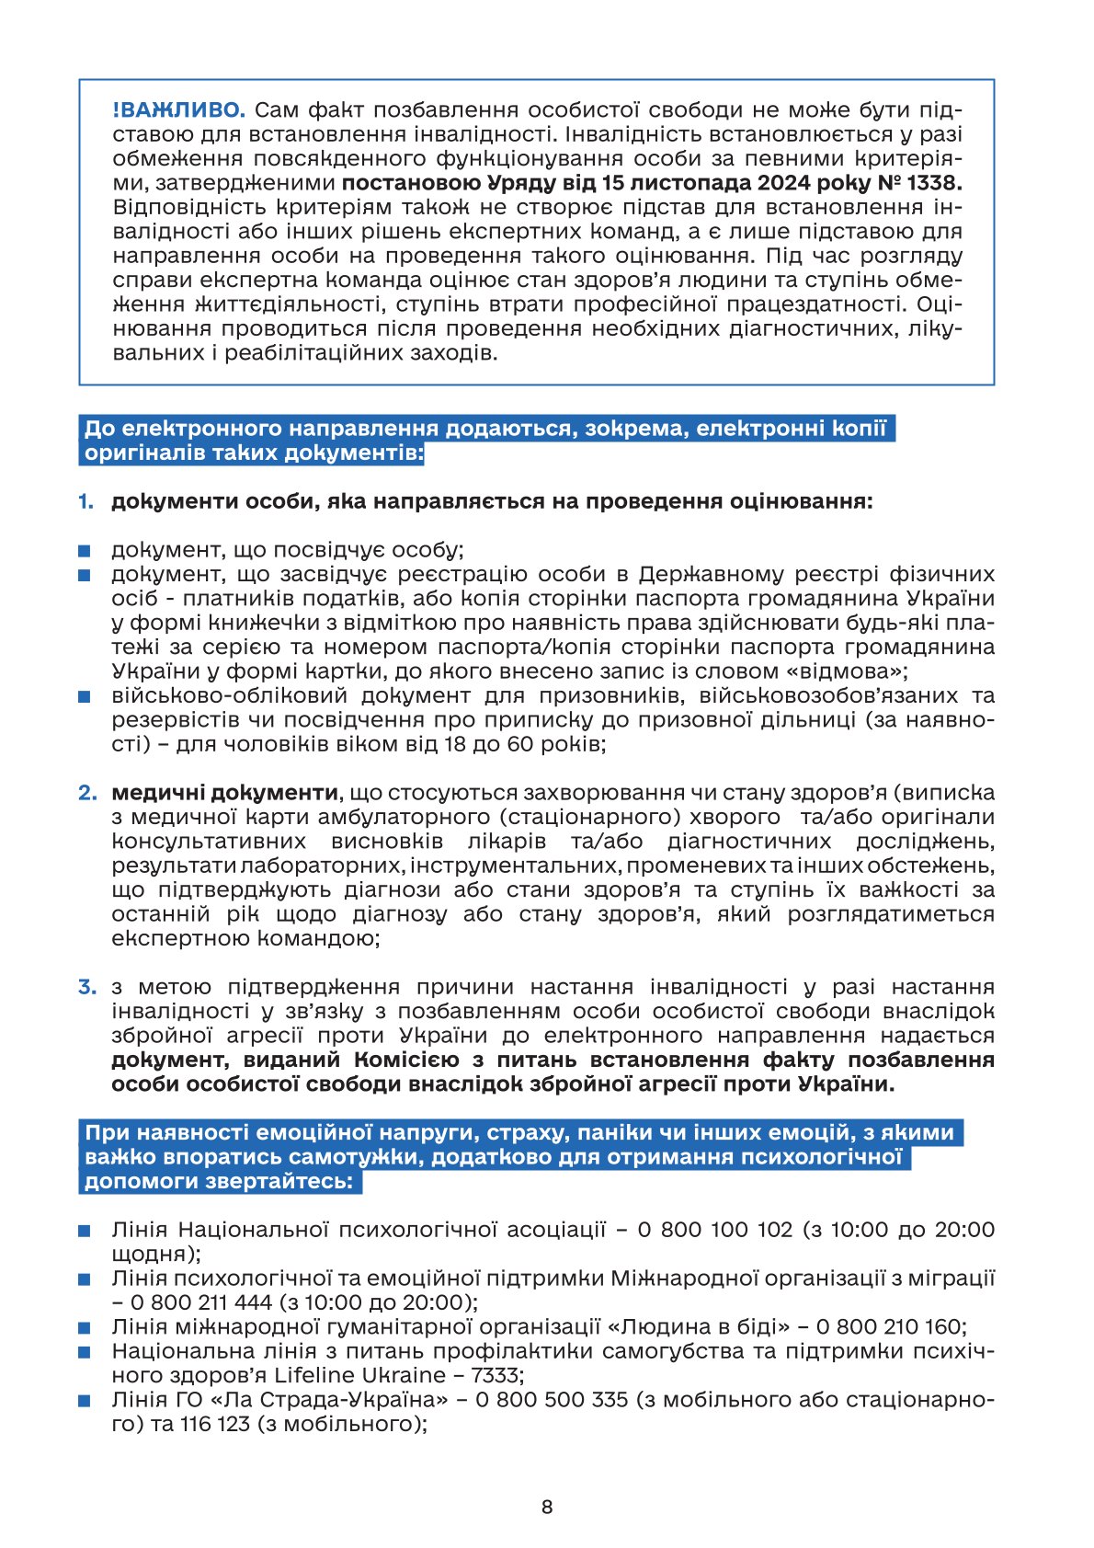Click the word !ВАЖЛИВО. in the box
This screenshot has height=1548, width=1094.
[178, 110]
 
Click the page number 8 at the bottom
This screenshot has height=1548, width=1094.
[547, 1507]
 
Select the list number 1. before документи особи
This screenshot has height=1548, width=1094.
[85, 501]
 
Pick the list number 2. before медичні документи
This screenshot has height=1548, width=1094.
[87, 793]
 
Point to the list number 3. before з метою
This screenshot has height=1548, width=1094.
[87, 987]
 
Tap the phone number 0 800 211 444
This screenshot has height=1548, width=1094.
[201, 1302]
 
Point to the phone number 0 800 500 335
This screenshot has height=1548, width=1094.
[551, 1399]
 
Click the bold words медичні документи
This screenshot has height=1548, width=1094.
[224, 793]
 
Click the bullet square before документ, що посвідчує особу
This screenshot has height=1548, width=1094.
[85, 551]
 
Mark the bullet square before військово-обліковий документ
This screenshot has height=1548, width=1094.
[85, 697]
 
